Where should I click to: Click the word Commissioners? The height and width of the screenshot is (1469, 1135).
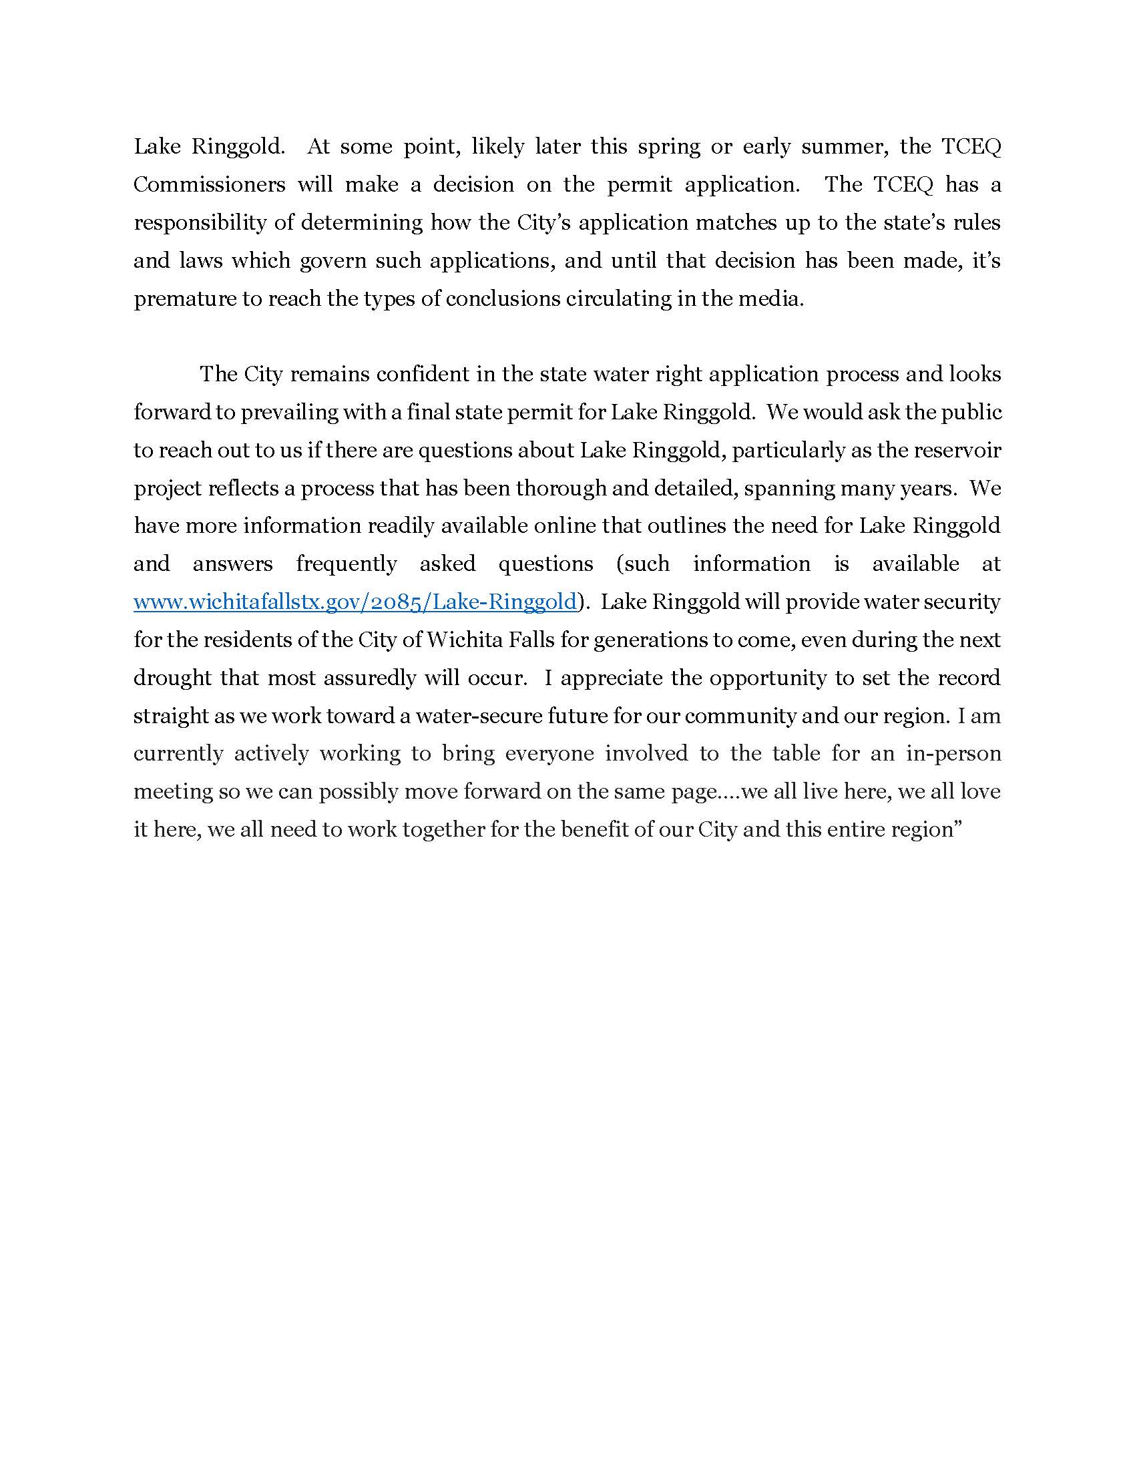[209, 185]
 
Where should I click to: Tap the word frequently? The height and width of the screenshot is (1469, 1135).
[347, 564]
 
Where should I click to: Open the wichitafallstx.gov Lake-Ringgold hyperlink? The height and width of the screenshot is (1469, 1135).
[355, 602]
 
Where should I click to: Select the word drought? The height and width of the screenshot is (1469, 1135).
[172, 678]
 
